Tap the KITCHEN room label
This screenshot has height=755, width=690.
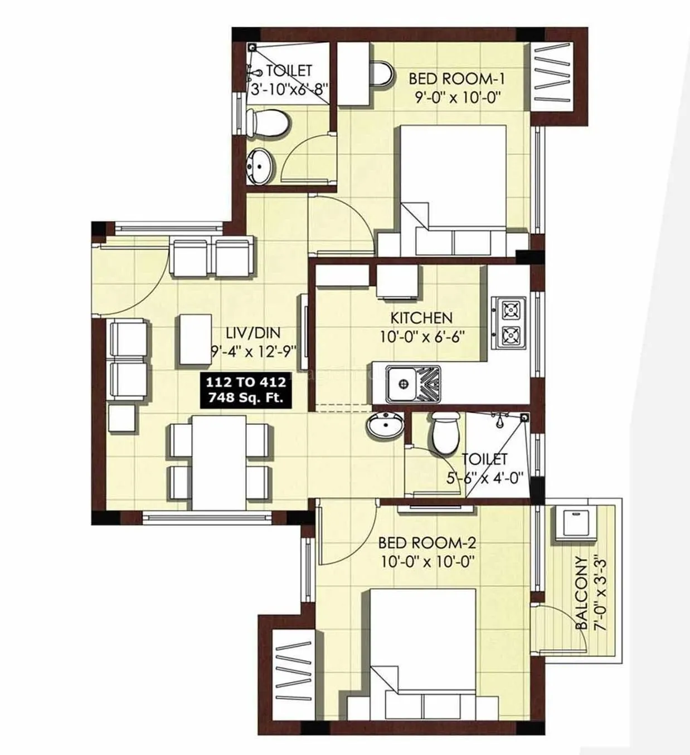click(421, 318)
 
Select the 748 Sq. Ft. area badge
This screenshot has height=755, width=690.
click(246, 390)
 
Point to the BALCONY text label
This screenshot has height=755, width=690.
click(581, 593)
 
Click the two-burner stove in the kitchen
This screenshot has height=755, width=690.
click(508, 322)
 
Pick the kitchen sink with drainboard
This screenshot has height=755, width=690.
click(413, 384)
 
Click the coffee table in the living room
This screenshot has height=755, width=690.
click(195, 339)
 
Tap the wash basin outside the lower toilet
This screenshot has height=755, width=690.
click(385, 426)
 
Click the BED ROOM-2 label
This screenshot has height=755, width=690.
click(427, 542)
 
